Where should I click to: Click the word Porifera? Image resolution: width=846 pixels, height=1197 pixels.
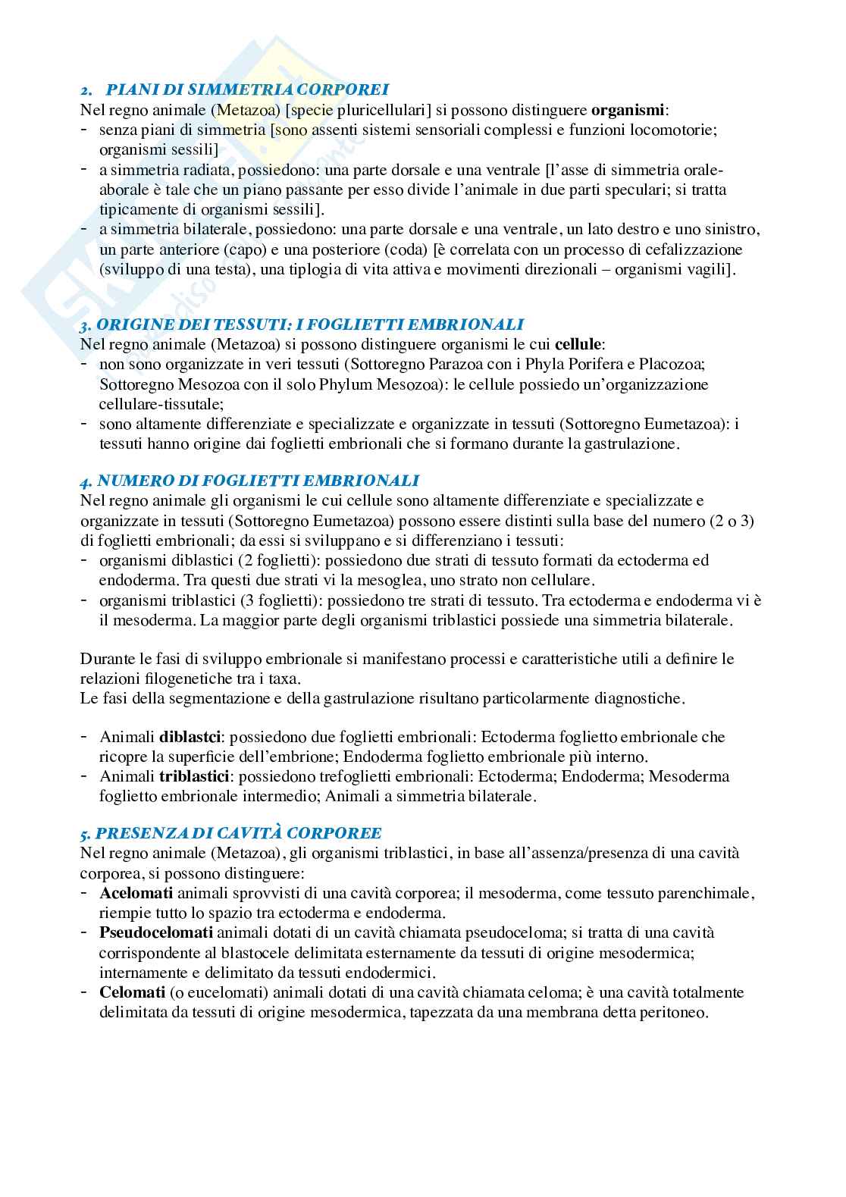594,364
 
